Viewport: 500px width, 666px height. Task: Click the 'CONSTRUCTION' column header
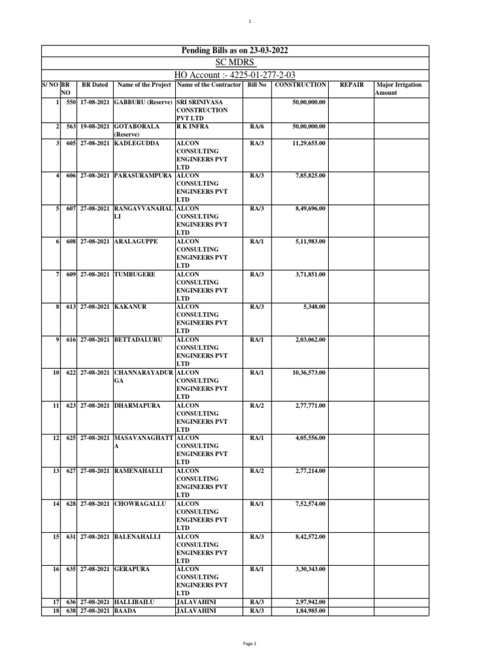[300, 85]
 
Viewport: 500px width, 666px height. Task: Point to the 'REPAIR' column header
[352, 85]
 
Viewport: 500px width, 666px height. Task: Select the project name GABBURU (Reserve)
[143, 102]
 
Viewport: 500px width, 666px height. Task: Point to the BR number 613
[71, 307]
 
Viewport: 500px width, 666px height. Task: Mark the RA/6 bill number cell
[257, 127]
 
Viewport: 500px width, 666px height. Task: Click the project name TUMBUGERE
[135, 274]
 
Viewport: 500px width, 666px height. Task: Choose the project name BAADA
[126, 611]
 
